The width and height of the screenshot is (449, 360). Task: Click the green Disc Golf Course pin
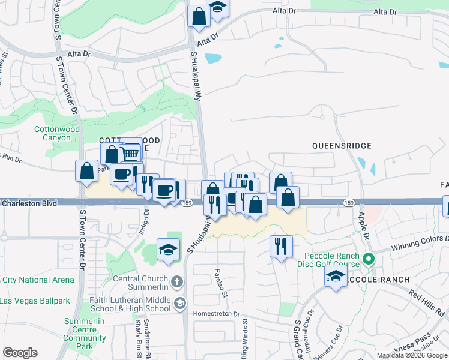(369, 260)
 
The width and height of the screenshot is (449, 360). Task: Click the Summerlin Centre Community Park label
(85, 334)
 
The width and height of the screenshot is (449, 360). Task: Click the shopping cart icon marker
(130, 153)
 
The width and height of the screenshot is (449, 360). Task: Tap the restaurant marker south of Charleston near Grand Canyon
(281, 245)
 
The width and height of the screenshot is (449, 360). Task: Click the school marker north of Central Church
(169, 250)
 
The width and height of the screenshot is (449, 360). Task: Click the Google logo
(20, 353)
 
